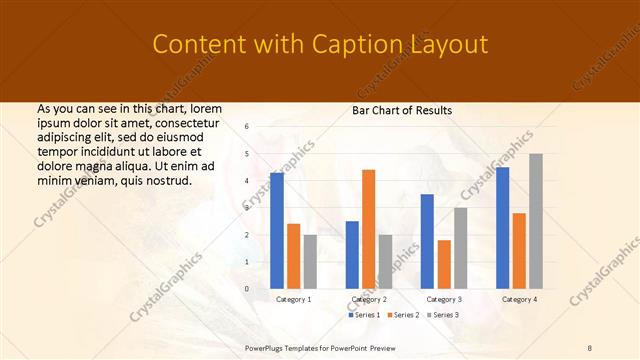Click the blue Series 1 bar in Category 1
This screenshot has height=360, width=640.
[277, 231]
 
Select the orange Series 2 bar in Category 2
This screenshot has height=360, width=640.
[368, 229]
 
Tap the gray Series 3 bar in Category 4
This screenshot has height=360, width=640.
[536, 221]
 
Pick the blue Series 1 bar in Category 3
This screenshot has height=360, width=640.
[427, 241]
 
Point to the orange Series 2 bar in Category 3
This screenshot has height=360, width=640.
[444, 264]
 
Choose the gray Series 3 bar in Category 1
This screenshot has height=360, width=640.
[310, 262]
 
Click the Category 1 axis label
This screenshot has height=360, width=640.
[293, 299]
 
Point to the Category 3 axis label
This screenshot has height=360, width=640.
[443, 299]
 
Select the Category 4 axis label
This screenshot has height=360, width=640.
[519, 299]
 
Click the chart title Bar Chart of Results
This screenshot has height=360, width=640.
[402, 110]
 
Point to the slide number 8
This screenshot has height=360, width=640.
[590, 347]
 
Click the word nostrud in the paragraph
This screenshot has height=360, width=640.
[167, 180]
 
